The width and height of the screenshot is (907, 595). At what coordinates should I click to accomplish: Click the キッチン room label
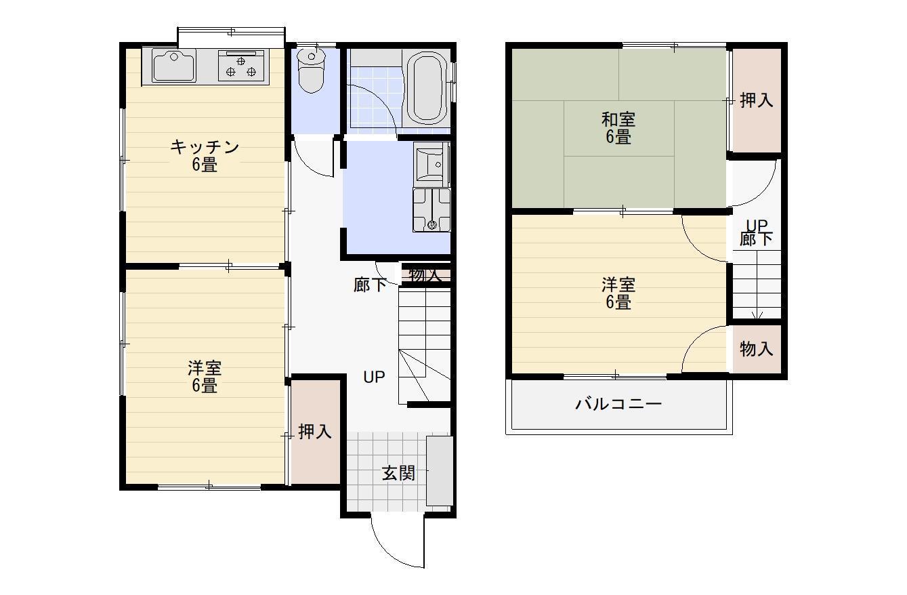204,147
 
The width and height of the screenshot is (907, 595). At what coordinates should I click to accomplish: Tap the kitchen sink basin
173,66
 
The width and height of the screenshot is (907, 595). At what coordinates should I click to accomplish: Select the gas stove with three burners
242,66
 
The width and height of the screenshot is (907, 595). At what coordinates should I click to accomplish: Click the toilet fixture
312,70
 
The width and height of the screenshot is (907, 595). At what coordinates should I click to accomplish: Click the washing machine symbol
431,210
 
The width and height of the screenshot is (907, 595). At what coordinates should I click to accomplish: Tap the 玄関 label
398,473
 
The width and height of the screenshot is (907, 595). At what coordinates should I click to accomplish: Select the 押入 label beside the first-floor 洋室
315,432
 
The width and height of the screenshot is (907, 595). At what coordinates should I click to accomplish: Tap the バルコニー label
618,405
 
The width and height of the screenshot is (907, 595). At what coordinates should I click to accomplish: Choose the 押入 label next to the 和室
756,100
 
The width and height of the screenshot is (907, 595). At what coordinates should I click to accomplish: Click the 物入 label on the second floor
756,350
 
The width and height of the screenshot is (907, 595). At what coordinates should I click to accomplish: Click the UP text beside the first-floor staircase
374,377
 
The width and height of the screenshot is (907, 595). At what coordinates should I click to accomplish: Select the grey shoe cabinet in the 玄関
440,471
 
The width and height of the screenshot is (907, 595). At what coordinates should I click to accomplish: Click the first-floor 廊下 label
370,285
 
